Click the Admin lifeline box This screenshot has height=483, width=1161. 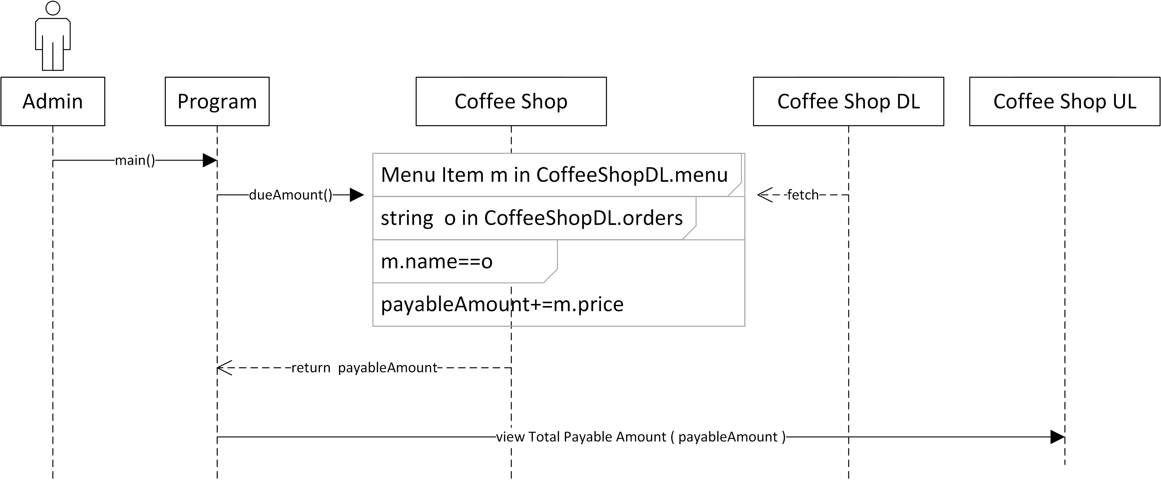(x=53, y=101)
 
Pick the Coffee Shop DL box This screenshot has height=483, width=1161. (x=848, y=101)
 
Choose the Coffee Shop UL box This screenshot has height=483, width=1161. (x=1065, y=101)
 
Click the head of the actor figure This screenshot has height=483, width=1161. (x=53, y=8)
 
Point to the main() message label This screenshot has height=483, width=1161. (x=135, y=160)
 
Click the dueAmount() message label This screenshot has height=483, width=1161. (x=290, y=195)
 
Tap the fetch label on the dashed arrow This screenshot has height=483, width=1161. (x=802, y=195)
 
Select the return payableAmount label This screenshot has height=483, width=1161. (x=364, y=368)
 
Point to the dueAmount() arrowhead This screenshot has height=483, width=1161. (x=357, y=195)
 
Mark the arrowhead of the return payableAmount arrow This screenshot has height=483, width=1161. (x=224, y=368)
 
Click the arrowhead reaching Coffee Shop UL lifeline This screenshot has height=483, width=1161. (x=1057, y=437)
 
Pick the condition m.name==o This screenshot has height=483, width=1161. (x=436, y=261)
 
